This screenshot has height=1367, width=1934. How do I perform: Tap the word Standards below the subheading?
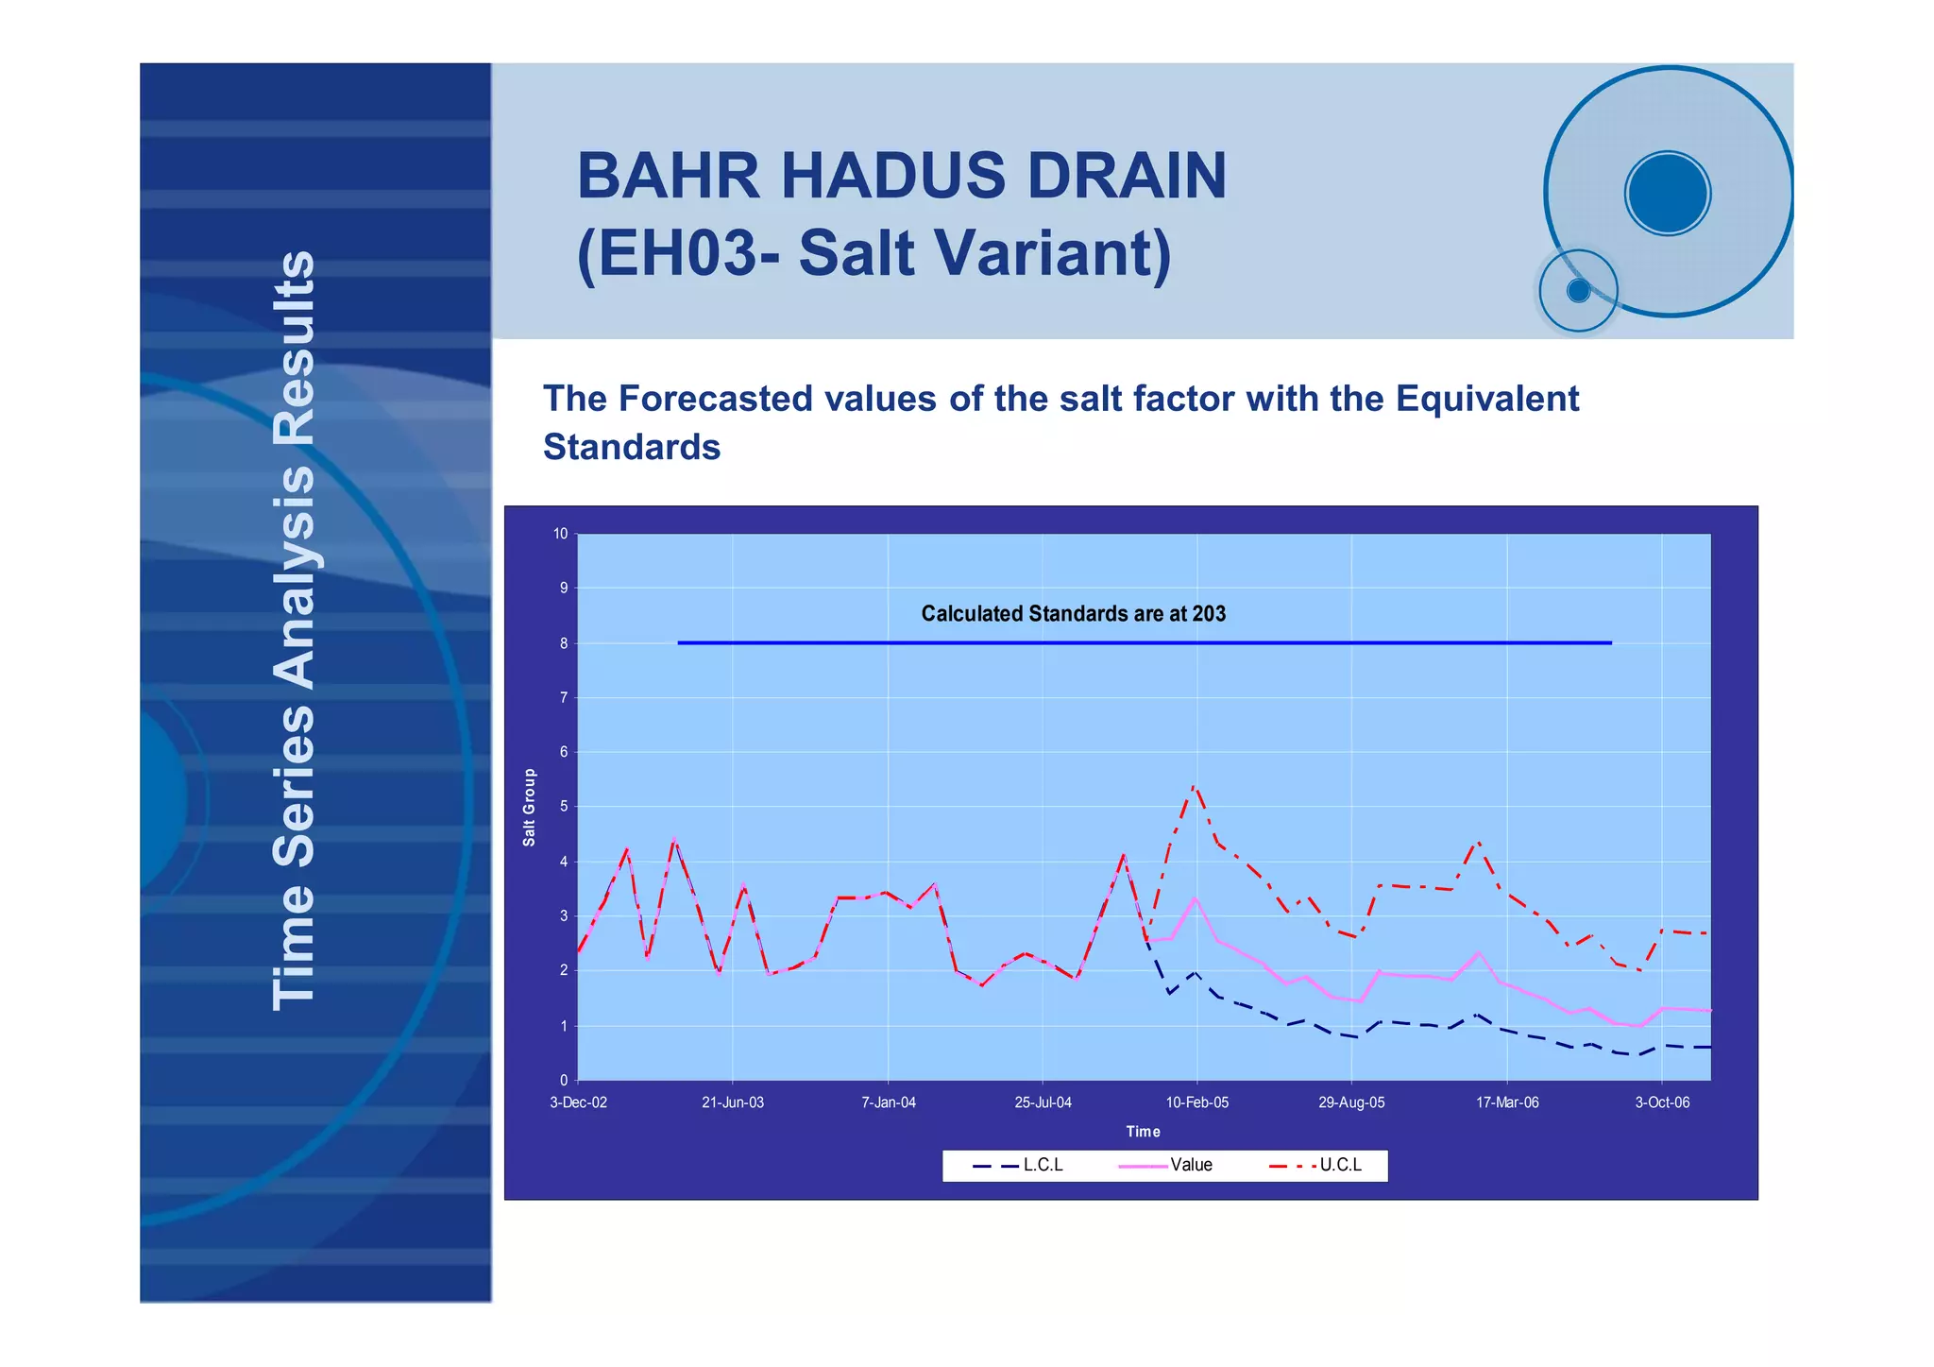pyautogui.click(x=631, y=447)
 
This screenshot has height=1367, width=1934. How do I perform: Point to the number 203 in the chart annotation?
pyautogui.click(x=1208, y=614)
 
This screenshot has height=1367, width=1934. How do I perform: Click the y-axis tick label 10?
pyautogui.click(x=561, y=534)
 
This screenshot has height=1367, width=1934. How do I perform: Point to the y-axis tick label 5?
pyautogui.click(x=564, y=807)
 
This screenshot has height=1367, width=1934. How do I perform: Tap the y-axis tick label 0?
pyautogui.click(x=564, y=1080)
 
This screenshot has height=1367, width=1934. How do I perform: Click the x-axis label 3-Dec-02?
pyautogui.click(x=578, y=1102)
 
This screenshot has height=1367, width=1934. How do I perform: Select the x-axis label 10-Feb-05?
pyautogui.click(x=1196, y=1102)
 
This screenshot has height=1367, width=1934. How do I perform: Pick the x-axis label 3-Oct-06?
pyautogui.click(x=1662, y=1102)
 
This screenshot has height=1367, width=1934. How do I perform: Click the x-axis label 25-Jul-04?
pyautogui.click(x=1043, y=1102)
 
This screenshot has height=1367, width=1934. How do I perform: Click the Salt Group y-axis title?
pyautogui.click(x=529, y=807)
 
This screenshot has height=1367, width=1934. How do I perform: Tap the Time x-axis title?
pyautogui.click(x=1143, y=1131)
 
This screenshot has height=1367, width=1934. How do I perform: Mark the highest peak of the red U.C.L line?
pyautogui.click(x=1195, y=785)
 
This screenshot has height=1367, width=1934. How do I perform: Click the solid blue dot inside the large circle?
pyautogui.click(x=1668, y=193)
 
